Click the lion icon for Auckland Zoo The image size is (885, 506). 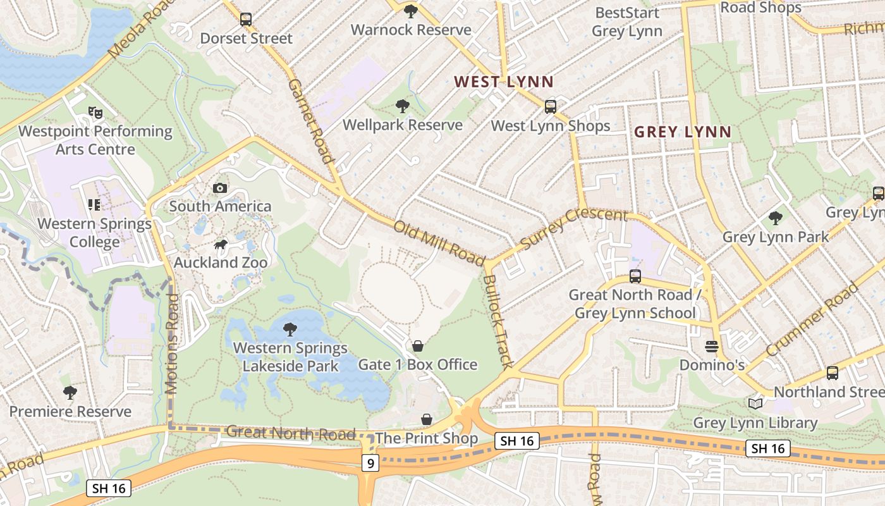click(x=220, y=245)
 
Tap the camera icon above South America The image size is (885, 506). click(x=220, y=188)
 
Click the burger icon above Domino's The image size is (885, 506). click(x=712, y=347)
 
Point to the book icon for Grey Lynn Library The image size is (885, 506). click(x=755, y=404)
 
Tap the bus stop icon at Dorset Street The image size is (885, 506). click(x=246, y=20)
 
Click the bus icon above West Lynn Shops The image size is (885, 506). click(x=551, y=106)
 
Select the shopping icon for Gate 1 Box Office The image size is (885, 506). click(x=417, y=346)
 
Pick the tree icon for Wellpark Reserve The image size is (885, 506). click(x=402, y=106)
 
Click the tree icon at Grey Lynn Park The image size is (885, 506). click(x=775, y=219)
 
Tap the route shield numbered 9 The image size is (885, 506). click(x=370, y=464)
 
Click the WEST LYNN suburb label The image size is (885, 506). click(x=504, y=82)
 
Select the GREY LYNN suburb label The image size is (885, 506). click(x=682, y=132)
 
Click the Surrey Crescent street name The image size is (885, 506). click(x=573, y=227)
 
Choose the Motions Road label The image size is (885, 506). click(x=172, y=345)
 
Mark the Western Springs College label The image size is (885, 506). click(x=95, y=233)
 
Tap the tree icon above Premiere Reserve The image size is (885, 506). click(x=70, y=393)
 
